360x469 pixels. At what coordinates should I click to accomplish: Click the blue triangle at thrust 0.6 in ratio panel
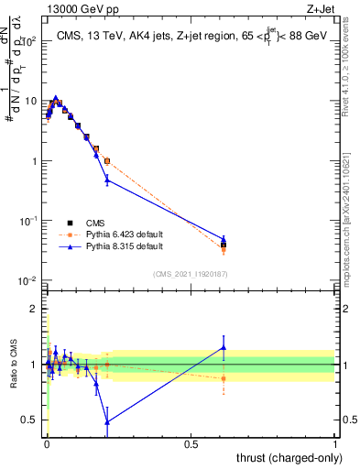224,347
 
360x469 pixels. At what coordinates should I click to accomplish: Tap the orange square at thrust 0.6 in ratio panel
224,378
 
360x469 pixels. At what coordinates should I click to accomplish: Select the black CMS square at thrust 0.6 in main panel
224,245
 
